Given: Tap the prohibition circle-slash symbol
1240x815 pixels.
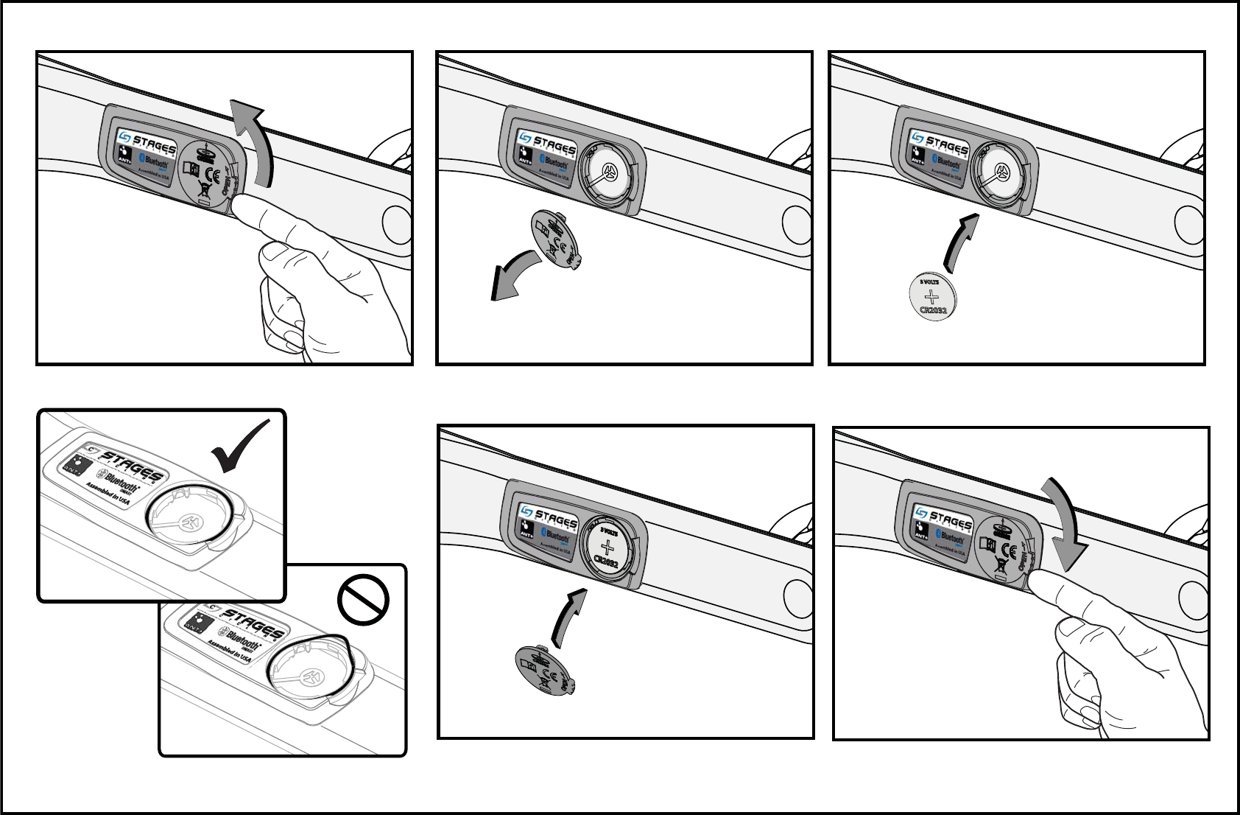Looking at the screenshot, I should [x=363, y=600].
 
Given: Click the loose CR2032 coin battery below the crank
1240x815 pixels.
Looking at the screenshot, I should [x=933, y=297].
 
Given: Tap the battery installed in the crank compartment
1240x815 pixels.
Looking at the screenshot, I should [x=608, y=549].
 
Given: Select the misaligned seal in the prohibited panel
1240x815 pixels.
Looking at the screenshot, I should [x=317, y=665].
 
